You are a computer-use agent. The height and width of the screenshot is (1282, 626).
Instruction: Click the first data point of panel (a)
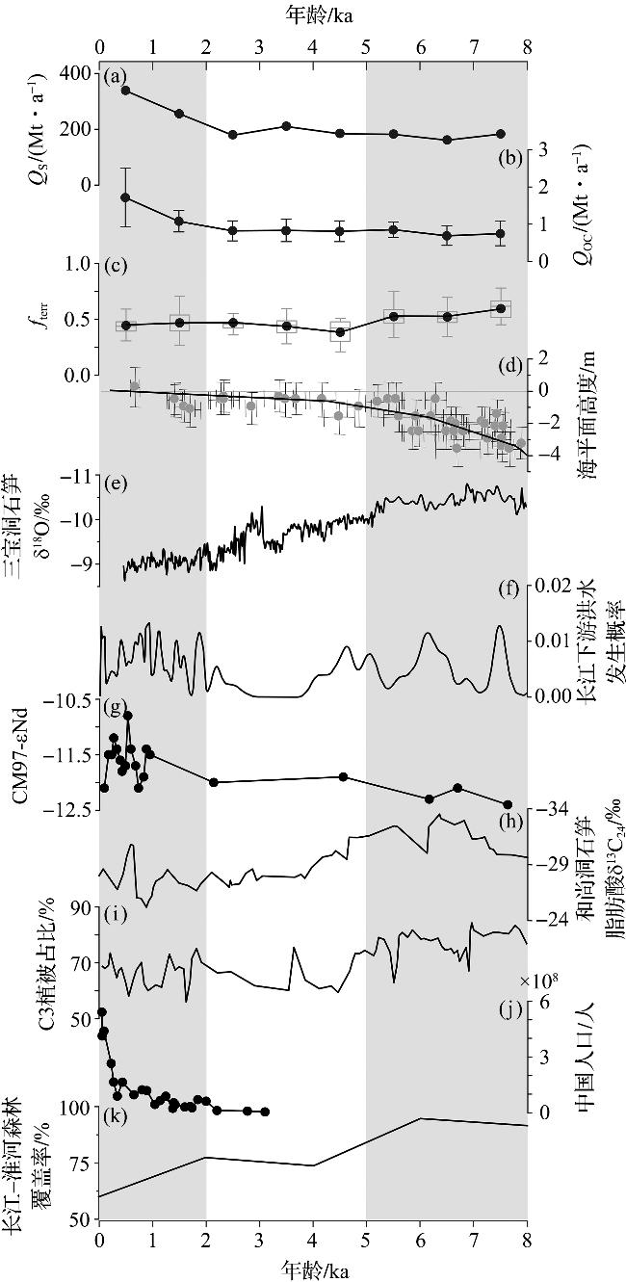coord(125,91)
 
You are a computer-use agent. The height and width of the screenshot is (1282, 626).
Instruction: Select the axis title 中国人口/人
coord(587,1052)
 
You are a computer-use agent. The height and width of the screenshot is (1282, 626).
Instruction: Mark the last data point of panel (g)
coord(508,804)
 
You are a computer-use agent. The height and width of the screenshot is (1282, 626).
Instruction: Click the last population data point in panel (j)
coord(265,1112)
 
